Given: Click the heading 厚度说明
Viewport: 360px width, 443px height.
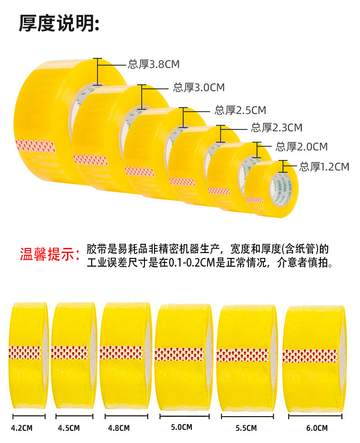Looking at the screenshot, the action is (x=58, y=23).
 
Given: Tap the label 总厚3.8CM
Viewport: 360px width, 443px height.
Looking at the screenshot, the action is (x=154, y=64).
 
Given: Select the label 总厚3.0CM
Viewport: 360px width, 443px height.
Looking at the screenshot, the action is (x=199, y=88).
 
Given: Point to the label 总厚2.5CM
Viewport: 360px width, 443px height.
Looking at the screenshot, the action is (x=240, y=110).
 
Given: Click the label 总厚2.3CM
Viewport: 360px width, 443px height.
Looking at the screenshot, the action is (x=276, y=128).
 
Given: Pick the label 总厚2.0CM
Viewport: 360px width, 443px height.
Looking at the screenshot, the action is (x=301, y=147).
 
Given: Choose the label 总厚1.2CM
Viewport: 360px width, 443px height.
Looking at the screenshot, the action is (x=324, y=167).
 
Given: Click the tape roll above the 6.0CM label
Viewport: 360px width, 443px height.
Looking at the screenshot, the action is (x=314, y=355).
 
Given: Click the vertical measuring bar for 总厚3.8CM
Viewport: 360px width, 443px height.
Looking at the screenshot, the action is (x=96, y=71).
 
